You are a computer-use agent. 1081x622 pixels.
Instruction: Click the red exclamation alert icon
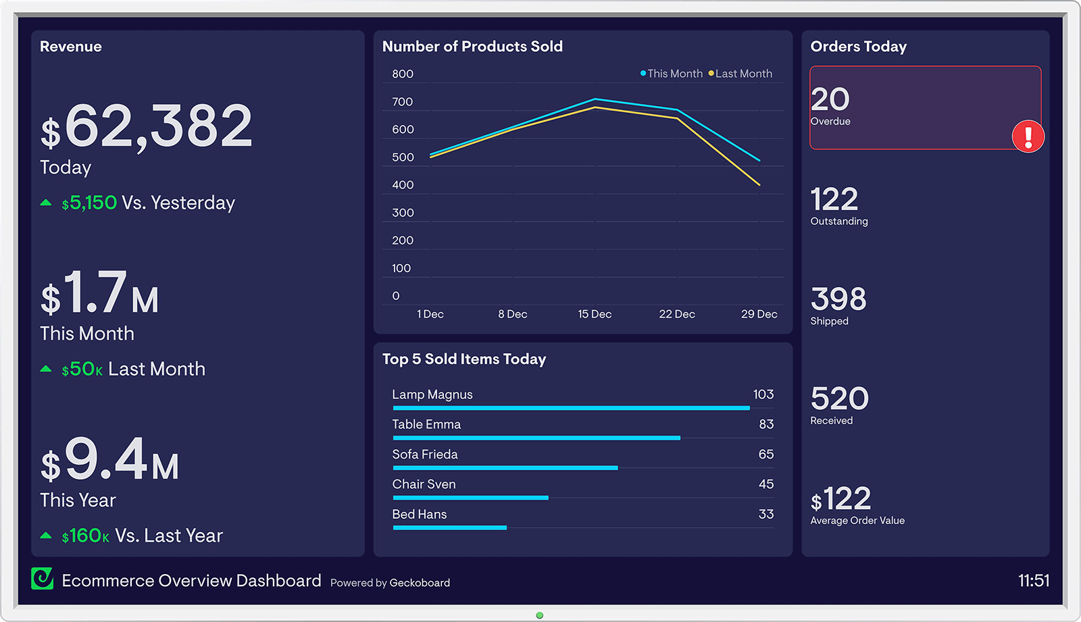click(x=1028, y=136)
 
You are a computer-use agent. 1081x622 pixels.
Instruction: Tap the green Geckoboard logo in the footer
click(x=43, y=579)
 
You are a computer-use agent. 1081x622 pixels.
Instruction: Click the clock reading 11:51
click(x=1033, y=581)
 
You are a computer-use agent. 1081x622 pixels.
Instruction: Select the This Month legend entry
click(x=672, y=74)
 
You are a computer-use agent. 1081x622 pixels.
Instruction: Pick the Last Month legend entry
click(x=740, y=74)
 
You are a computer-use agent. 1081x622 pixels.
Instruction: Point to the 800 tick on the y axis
click(x=403, y=74)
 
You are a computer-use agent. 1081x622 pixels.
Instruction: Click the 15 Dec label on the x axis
click(x=595, y=314)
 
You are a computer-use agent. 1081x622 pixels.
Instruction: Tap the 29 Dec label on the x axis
click(x=759, y=314)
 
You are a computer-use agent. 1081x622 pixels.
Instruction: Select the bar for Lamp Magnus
click(x=571, y=408)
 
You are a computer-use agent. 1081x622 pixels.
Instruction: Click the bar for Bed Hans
click(x=449, y=527)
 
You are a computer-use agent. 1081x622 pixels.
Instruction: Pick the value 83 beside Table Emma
click(x=766, y=424)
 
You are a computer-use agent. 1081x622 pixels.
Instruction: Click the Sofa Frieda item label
click(x=425, y=455)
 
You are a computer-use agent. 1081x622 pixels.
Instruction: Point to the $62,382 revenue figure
click(x=147, y=126)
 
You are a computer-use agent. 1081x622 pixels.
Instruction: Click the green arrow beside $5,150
click(x=46, y=203)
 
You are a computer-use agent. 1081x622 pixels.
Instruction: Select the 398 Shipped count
click(x=838, y=299)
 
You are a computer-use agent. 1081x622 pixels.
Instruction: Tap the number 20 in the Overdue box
click(x=830, y=100)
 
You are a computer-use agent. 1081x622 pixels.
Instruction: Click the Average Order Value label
click(x=857, y=521)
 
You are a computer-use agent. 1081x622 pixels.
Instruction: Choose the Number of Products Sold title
click(x=472, y=47)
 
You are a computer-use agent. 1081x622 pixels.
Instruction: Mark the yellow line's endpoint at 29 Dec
click(x=759, y=184)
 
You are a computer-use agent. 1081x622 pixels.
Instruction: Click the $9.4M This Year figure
click(x=110, y=461)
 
